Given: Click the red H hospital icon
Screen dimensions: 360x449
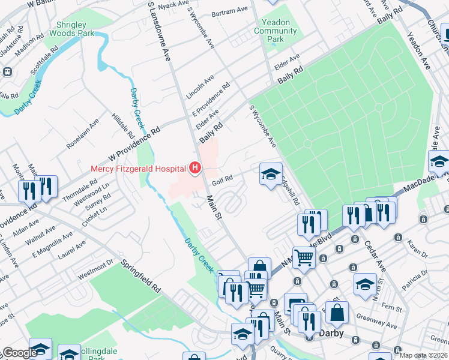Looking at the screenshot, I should click(195, 169).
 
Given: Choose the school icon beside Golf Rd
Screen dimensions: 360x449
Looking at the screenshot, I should click(271, 175).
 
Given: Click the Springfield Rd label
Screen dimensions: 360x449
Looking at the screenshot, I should click(141, 275).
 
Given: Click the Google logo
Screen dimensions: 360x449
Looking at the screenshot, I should click(19, 353).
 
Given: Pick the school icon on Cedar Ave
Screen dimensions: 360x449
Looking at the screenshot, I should click(365, 284).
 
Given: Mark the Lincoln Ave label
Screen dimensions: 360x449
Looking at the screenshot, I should click(200, 88).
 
